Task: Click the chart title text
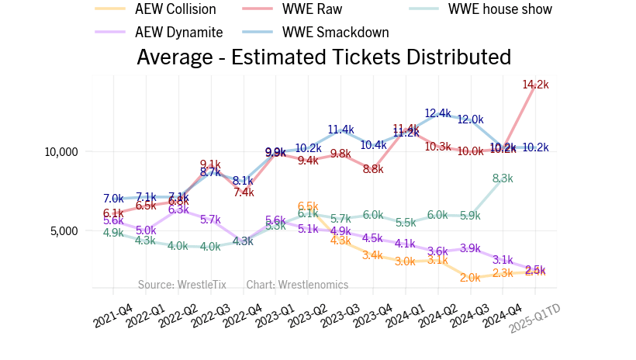tap(323, 57)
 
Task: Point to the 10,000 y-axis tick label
tap(59, 151)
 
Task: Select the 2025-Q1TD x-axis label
tap(534, 318)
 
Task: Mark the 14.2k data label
tap(535, 85)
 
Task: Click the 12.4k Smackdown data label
tap(437, 113)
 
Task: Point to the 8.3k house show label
tap(503, 178)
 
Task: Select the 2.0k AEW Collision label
tap(470, 277)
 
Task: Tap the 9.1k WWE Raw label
tap(210, 163)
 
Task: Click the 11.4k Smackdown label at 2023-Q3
tap(340, 130)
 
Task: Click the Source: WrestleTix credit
tap(182, 285)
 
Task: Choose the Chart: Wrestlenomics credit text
tap(297, 285)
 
